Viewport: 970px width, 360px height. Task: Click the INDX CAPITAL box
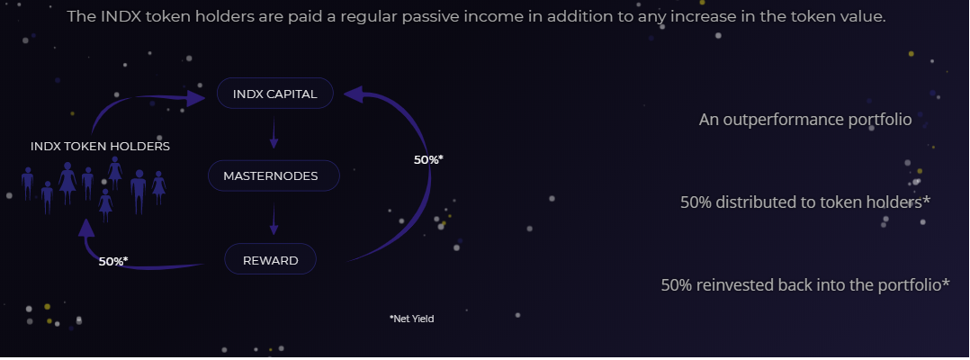click(275, 94)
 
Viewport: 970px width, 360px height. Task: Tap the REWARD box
click(270, 259)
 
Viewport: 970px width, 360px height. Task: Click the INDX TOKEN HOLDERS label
click(100, 147)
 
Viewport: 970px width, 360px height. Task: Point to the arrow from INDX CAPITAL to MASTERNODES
click(274, 134)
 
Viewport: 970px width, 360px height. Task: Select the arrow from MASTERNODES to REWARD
click(274, 220)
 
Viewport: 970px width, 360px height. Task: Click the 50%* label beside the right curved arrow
click(428, 159)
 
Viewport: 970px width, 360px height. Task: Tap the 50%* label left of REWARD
click(113, 261)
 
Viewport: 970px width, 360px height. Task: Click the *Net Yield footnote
click(411, 319)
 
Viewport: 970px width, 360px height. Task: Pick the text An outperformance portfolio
click(805, 120)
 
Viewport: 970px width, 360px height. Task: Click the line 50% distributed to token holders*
click(805, 202)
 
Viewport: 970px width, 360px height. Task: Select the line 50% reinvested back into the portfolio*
click(805, 285)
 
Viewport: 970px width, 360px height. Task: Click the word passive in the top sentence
click(427, 17)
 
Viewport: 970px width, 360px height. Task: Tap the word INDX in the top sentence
click(113, 16)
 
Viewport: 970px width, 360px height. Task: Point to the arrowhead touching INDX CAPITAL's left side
click(197, 98)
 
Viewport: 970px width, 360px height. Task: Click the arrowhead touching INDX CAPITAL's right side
click(354, 94)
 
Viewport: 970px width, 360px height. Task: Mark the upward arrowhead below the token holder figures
click(86, 228)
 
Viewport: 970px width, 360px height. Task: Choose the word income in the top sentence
click(481, 16)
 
